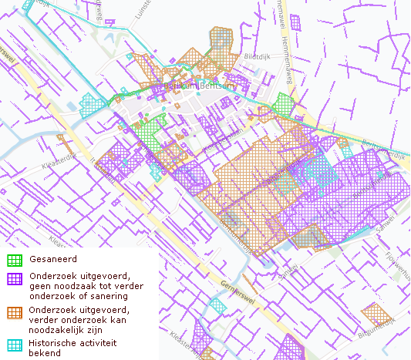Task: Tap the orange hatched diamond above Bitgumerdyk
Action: (x=374, y=313)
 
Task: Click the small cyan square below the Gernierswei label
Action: (x=218, y=305)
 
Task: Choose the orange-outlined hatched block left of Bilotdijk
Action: (x=222, y=48)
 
